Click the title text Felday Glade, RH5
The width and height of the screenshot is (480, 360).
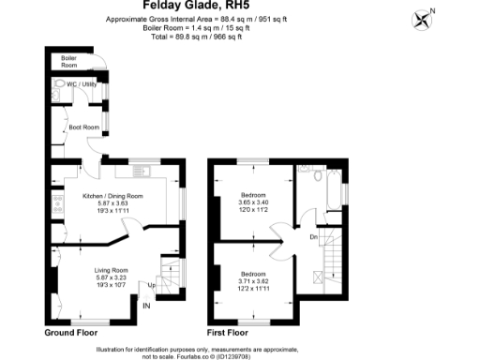click(x=239, y=5)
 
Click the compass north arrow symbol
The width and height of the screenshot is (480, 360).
click(x=427, y=20)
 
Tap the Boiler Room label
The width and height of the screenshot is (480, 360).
click(x=68, y=61)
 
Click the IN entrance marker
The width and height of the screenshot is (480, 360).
click(x=146, y=306)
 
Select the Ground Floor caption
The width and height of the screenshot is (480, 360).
click(x=73, y=332)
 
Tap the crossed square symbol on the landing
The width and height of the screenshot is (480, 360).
click(x=318, y=277)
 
